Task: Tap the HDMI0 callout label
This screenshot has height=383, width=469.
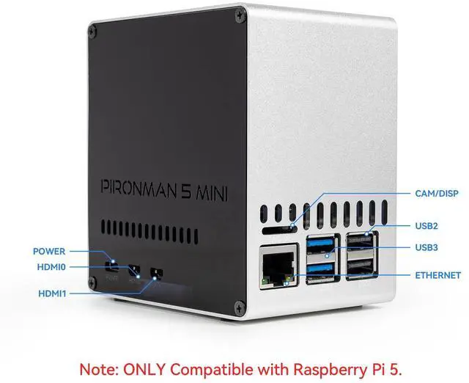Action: coord(51,267)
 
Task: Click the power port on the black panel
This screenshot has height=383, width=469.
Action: coord(112,266)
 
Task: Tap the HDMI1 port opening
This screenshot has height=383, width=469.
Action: coord(155,274)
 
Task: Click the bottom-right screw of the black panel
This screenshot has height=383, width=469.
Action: coord(234,306)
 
